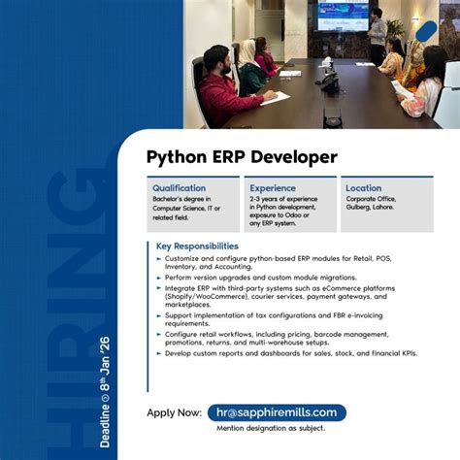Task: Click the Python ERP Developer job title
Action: click(x=242, y=156)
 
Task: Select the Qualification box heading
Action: click(x=179, y=188)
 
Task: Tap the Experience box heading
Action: click(x=273, y=188)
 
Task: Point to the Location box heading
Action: click(x=364, y=188)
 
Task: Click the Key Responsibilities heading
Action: click(x=197, y=246)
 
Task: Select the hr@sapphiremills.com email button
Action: click(x=277, y=412)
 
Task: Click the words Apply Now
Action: click(x=175, y=412)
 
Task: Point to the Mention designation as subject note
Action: click(x=271, y=428)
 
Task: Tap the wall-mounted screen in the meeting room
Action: click(x=343, y=16)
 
